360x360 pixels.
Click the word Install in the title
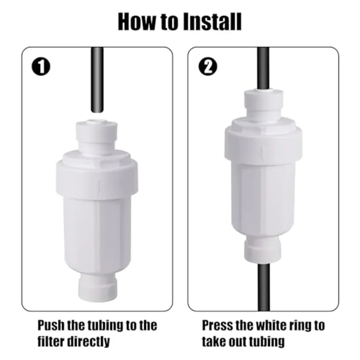(x=213, y=22)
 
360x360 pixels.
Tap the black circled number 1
(x=41, y=67)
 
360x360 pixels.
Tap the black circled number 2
(x=208, y=67)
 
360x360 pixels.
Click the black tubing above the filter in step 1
(x=97, y=80)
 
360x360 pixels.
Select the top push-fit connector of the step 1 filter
(x=97, y=136)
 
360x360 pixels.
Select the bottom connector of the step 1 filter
(x=97, y=287)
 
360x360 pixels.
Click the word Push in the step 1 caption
(x=51, y=325)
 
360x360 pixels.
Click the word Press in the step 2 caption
(x=217, y=325)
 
